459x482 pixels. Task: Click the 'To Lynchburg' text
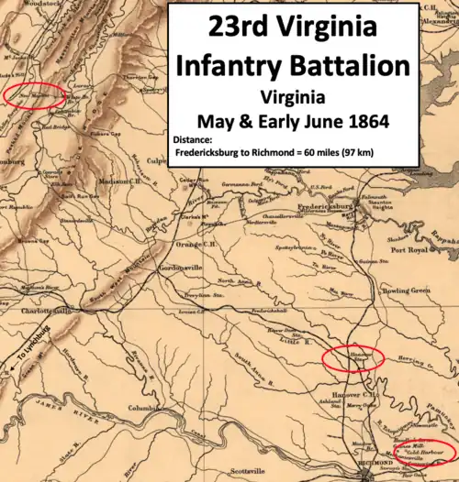tap(28, 358)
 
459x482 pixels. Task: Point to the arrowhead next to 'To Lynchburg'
tap(10, 372)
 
